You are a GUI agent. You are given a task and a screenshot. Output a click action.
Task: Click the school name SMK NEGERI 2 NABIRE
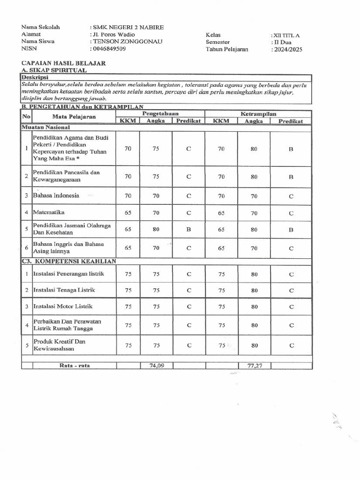tap(127, 28)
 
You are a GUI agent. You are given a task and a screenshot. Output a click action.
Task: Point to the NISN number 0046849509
tap(109, 48)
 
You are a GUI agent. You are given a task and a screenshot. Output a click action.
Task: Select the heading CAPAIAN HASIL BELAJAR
tap(63, 63)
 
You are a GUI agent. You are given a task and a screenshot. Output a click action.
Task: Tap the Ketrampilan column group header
tap(258, 114)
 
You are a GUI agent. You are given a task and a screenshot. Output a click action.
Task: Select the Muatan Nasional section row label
tap(45, 127)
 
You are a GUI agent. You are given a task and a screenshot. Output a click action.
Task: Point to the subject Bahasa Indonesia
tap(56, 195)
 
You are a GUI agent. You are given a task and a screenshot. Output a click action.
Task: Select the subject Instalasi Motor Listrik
tap(63, 307)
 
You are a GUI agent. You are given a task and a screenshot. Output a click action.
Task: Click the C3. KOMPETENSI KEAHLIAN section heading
tap(68, 261)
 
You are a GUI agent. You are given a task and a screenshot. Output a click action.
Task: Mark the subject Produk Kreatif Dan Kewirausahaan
tap(59, 345)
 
